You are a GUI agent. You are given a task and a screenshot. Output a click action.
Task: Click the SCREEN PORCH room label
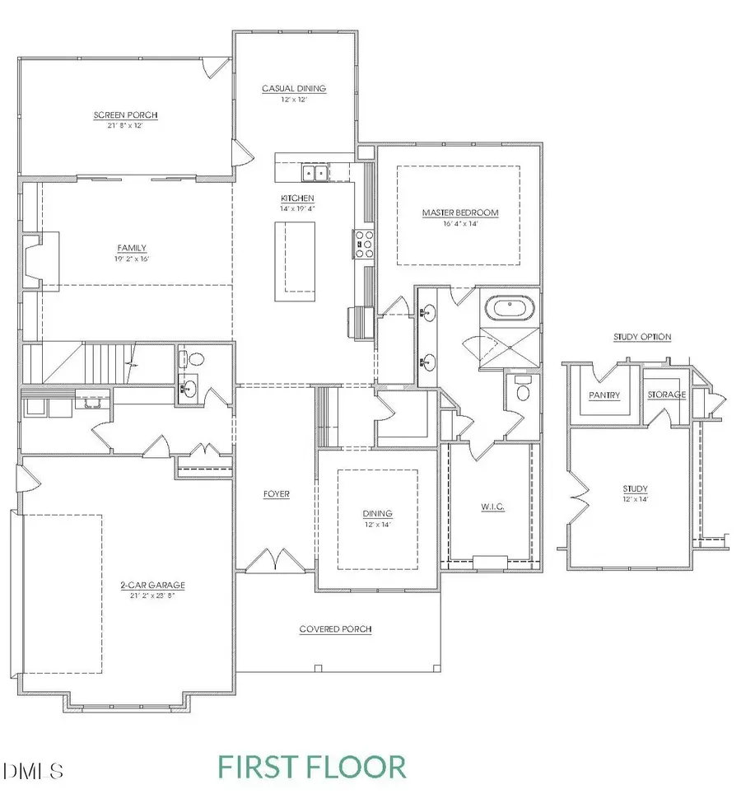[125, 115]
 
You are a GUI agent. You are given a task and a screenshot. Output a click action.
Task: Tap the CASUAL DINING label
[294, 89]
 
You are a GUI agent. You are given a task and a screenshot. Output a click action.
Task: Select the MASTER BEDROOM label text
[460, 213]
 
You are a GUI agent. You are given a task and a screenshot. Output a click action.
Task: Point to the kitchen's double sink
[313, 172]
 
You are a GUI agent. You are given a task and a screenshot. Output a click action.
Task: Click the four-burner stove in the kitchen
[363, 243]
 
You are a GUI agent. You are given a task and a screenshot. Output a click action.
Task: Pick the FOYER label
[277, 494]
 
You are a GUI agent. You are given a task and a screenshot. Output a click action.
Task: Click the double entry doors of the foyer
[276, 562]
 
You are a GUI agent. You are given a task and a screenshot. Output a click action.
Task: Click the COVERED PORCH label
[335, 629]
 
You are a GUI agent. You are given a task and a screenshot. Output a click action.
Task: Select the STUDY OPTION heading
[642, 337]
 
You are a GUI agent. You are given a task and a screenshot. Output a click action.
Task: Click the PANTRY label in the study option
[604, 395]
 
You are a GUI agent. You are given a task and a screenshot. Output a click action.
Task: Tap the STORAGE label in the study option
[665, 395]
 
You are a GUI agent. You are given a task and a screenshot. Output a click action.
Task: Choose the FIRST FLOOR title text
[312, 767]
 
